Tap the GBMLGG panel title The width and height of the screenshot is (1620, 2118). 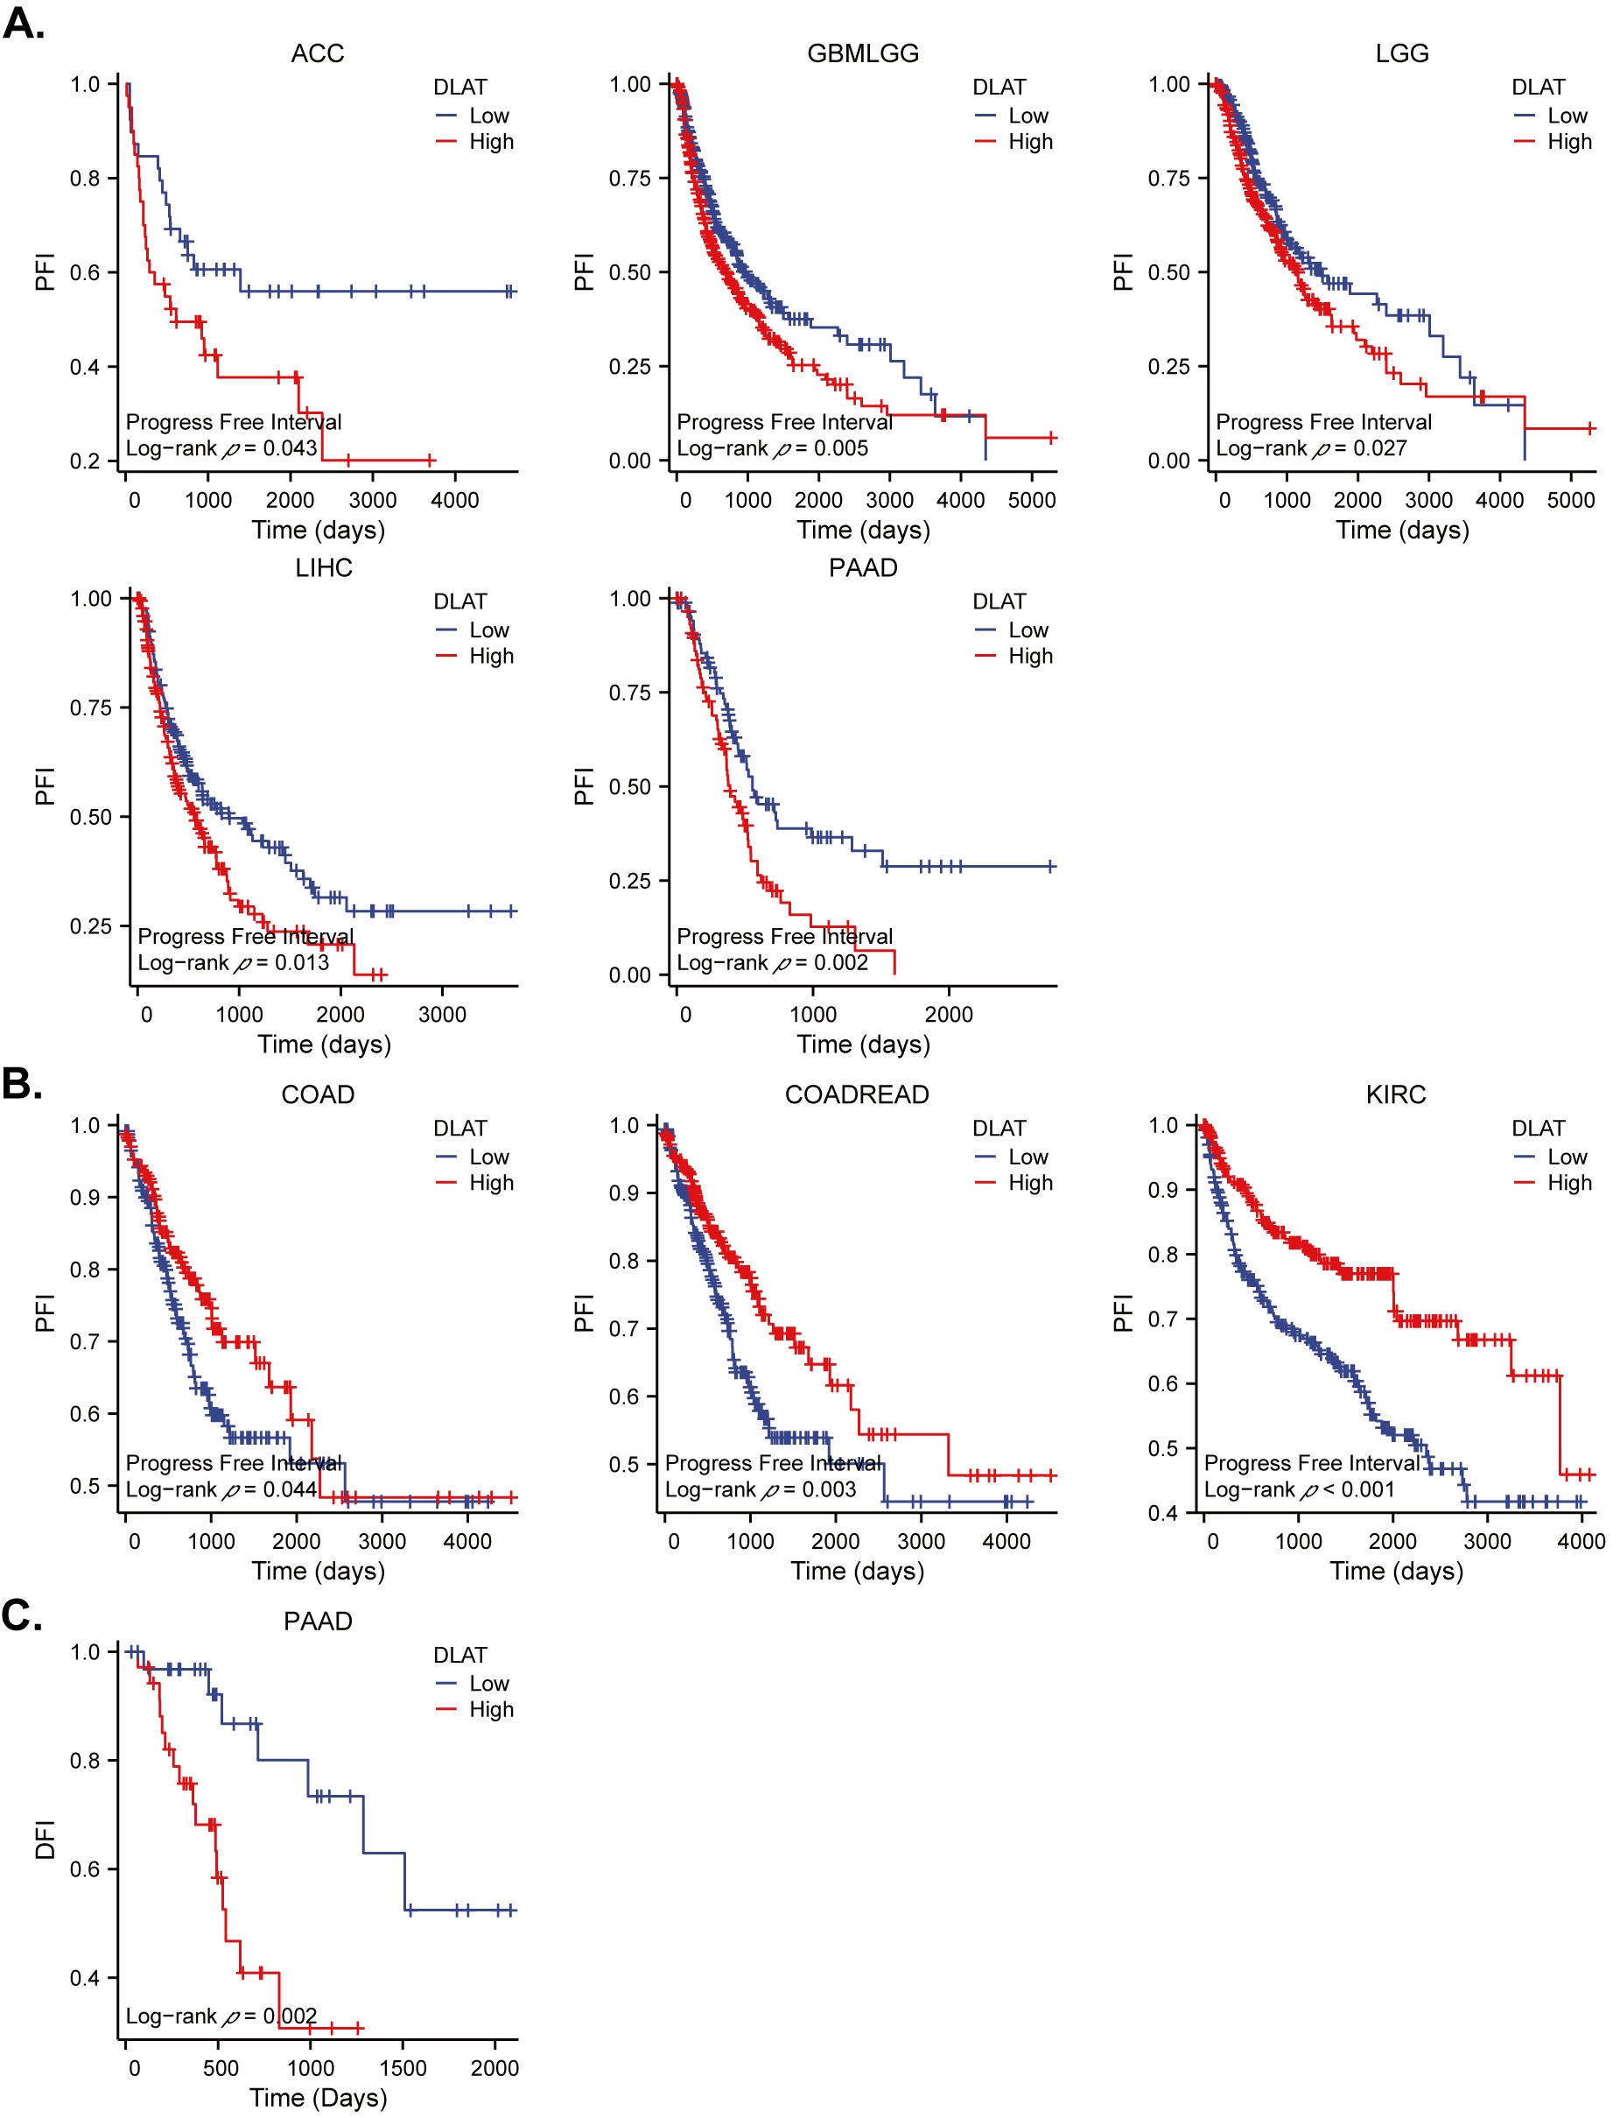click(x=862, y=53)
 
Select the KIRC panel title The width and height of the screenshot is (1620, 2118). click(x=1395, y=1094)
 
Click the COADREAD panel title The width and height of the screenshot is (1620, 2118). click(x=856, y=1094)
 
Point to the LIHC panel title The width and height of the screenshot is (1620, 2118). click(x=323, y=567)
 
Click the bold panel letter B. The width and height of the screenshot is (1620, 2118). click(x=22, y=1083)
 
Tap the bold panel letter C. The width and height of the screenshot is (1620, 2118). click(x=22, y=1615)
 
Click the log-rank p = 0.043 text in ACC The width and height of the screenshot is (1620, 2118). click(x=221, y=447)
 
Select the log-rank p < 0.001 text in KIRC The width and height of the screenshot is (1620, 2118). click(x=1299, y=1489)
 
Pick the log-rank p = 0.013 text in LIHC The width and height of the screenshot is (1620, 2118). click(x=233, y=961)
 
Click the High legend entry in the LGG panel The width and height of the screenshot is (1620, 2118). click(x=1569, y=142)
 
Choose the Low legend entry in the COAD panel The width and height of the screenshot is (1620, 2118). click(x=489, y=1157)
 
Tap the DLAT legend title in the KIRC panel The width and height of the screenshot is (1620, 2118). click(x=1537, y=1128)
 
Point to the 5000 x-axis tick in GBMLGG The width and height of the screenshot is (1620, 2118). click(x=1031, y=500)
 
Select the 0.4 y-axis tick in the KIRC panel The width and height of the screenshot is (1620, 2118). click(x=1163, y=1512)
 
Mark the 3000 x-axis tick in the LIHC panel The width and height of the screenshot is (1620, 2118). click(x=442, y=1014)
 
